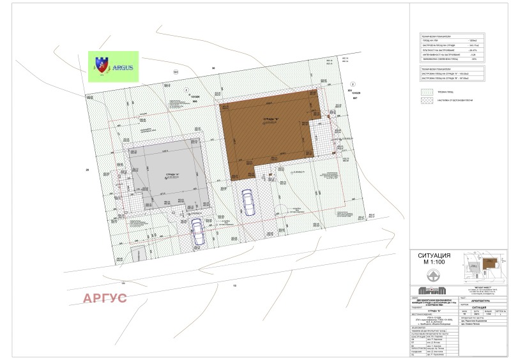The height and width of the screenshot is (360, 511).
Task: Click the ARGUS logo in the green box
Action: coord(113,66)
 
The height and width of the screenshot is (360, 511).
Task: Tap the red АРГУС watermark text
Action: coord(104,298)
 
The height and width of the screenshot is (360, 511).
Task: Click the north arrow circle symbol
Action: coord(433,276)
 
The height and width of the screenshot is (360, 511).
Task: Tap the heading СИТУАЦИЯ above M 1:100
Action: coord(433,255)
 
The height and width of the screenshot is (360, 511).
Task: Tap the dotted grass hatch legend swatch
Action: coord(425,91)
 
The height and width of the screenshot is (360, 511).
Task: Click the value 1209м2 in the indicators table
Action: coord(474,40)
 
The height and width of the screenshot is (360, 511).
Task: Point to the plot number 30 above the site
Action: coord(214,68)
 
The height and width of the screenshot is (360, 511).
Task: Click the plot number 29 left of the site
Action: coord(87,169)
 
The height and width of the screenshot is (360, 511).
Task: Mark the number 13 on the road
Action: coord(234,285)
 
